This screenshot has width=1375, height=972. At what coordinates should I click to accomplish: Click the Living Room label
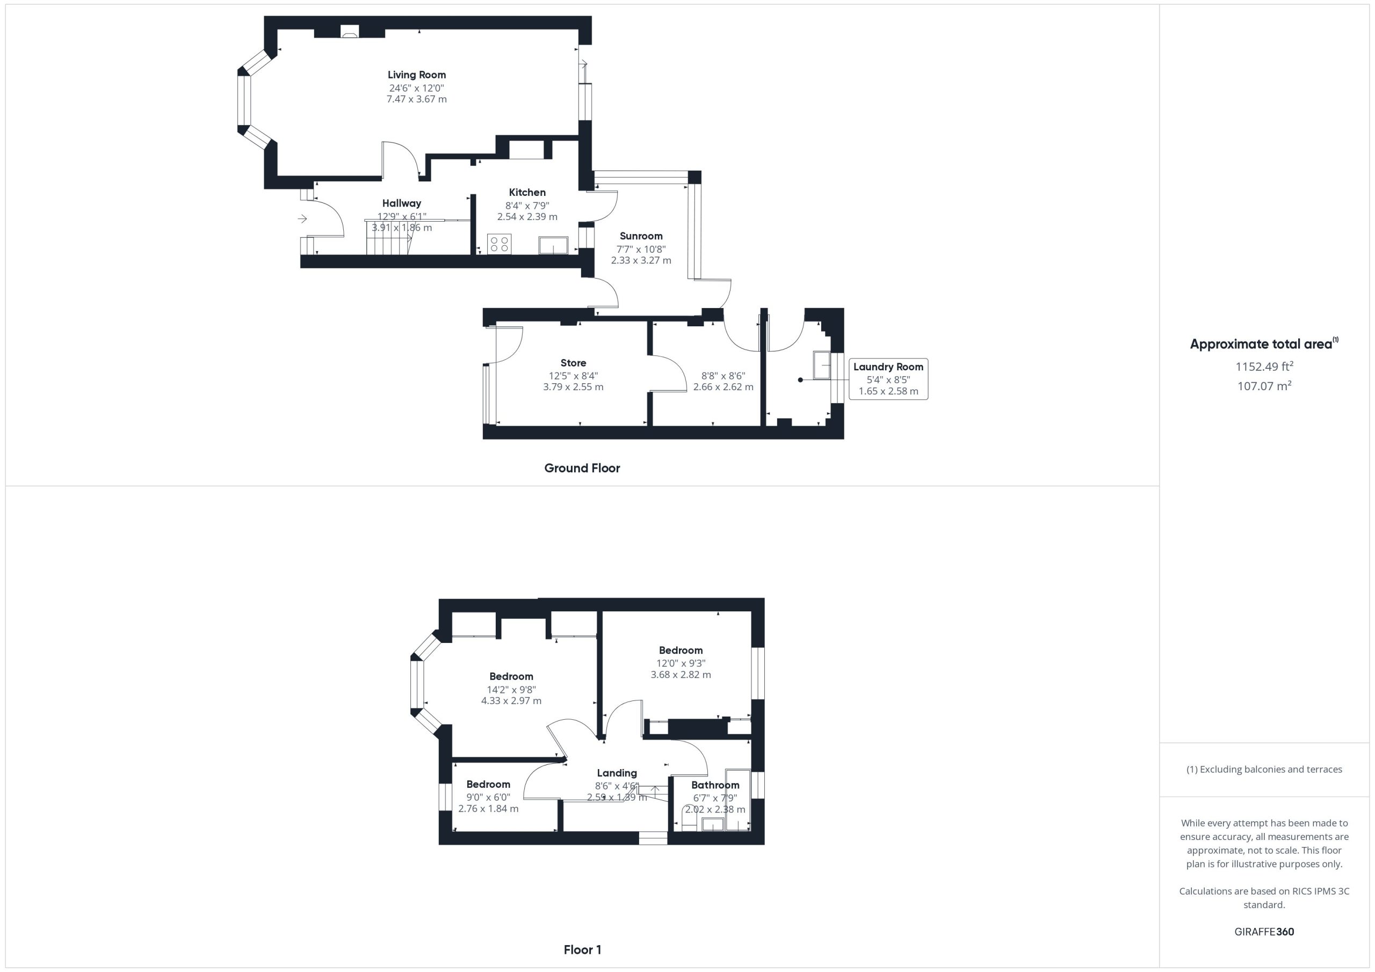(416, 75)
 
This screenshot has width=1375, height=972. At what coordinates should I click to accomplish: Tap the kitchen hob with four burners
(499, 244)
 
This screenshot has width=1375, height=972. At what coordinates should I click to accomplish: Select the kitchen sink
(553, 245)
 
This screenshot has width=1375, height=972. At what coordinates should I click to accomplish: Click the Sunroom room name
(641, 236)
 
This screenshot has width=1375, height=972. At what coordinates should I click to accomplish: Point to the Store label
(573, 363)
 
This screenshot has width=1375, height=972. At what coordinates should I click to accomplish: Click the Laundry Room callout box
(888, 379)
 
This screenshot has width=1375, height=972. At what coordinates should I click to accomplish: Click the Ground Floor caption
(582, 468)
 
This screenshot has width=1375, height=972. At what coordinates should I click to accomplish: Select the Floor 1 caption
(582, 950)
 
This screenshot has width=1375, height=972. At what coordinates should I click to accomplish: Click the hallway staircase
(388, 237)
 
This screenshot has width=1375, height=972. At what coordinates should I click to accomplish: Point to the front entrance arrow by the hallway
(302, 219)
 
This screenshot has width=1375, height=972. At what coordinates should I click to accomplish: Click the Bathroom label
(715, 785)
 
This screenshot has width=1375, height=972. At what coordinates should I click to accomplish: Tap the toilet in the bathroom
(689, 817)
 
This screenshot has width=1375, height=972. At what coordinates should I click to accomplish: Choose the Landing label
(617, 773)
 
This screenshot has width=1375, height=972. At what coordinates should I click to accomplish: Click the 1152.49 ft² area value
(1264, 366)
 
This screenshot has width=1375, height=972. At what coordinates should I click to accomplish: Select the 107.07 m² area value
(1264, 386)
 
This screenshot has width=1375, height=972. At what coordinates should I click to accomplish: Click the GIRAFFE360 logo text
(1264, 932)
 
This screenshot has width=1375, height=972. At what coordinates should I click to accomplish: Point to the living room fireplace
(350, 32)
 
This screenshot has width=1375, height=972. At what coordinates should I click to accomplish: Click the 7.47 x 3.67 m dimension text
(416, 99)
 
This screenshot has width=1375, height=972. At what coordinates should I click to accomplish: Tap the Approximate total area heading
(1264, 344)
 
